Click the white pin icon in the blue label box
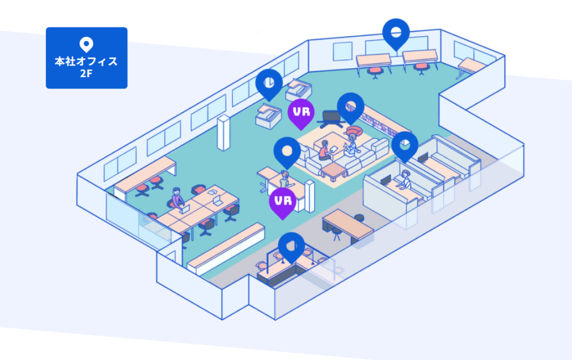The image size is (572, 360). point(86,45)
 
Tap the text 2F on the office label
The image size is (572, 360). point(86,73)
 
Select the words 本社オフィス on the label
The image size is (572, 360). point(86,61)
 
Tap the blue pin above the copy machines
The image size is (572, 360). point(269,84)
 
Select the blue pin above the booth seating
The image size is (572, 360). point(404,146)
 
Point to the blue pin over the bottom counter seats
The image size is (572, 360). point(291,247)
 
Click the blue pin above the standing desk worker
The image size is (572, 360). point(287,152)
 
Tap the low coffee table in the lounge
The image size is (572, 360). point(334,171)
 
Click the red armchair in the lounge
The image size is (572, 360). point(353,131)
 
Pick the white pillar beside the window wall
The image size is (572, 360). point(223,132)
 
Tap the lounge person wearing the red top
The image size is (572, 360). point(325,150)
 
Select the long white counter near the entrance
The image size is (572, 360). point(226,249)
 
